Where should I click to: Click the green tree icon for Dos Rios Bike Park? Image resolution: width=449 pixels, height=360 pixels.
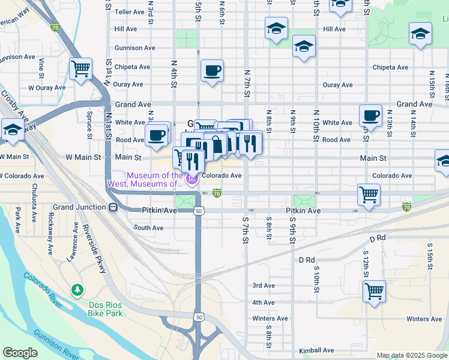tap(77, 290)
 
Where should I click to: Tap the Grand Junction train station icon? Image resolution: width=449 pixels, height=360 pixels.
tap(112, 208)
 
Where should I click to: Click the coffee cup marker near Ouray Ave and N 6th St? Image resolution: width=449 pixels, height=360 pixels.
tap(212, 71)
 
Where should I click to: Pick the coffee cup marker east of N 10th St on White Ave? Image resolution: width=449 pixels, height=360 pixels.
tap(370, 115)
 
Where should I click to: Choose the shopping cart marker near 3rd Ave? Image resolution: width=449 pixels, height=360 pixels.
tap(374, 291)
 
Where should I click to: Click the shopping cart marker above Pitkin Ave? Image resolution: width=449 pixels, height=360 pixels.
tap(369, 194)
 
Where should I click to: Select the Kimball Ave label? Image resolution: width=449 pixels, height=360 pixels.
tap(317, 350)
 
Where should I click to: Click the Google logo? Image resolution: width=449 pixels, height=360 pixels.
tap(20, 353)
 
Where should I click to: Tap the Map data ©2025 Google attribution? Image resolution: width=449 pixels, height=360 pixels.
tap(412, 355)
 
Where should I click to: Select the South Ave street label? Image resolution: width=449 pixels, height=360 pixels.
tap(148, 228)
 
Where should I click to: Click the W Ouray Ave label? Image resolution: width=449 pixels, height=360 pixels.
tap(46, 88)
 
